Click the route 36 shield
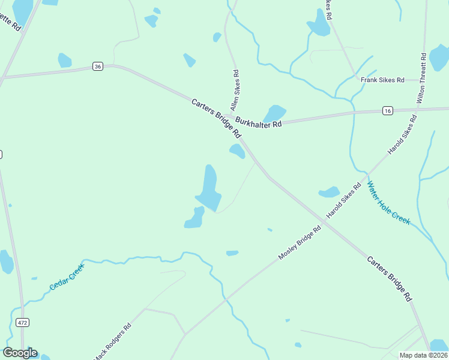[x=98, y=67]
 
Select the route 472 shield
[x=23, y=323]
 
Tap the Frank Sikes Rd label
[x=382, y=80]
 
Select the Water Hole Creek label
[x=389, y=203]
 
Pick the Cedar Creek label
[x=67, y=277]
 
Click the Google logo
[x=20, y=353]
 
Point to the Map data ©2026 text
[x=423, y=355]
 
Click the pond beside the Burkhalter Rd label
[x=275, y=113]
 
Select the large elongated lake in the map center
[x=209, y=188]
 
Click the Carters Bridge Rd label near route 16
[x=216, y=118]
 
